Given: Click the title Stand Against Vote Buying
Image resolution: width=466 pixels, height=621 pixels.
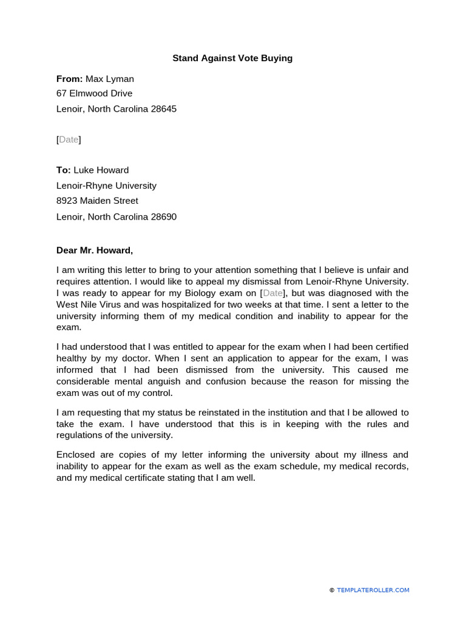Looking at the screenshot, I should point(232,58).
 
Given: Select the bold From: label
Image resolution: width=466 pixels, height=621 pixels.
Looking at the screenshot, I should point(69,79).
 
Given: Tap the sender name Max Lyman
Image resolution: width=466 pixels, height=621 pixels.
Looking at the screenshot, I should point(110,79).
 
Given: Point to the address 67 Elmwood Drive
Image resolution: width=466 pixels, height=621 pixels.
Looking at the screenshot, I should point(94,93).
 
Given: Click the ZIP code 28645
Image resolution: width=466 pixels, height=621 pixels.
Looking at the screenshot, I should point(164,109).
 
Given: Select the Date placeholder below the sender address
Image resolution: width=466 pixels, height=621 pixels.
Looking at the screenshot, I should point(69,139).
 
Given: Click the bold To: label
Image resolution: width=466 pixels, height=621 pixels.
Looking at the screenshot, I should point(64,170).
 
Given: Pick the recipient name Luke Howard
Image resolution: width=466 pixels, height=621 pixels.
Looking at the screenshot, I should point(101,170).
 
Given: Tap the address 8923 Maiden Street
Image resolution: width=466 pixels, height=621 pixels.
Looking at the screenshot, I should point(97,201).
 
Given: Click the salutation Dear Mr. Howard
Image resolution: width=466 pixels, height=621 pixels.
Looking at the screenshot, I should point(94,250).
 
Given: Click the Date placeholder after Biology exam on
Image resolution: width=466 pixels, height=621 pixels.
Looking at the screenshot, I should point(272,293).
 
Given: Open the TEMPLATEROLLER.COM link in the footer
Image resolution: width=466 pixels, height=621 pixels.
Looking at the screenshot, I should point(373,590).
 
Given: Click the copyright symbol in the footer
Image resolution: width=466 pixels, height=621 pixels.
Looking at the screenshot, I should point(332,590).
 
